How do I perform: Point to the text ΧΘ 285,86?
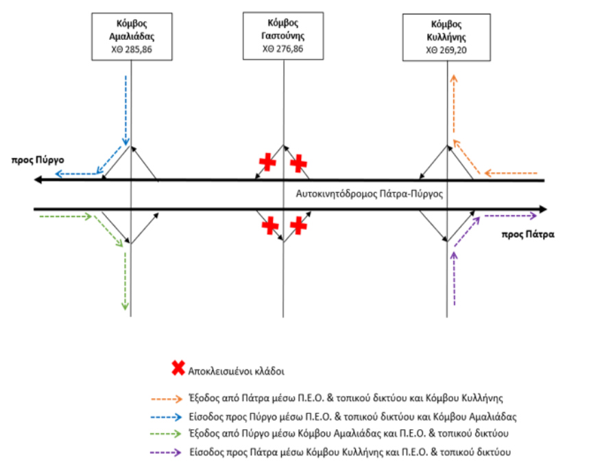132,49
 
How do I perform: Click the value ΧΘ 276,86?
283,49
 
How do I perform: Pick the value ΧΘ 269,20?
446,50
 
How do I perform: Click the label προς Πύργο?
38,160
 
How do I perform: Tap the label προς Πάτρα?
528,234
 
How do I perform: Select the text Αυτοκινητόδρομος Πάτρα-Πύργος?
369,194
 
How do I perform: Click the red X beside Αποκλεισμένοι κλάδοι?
178,369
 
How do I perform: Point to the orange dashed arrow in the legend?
167,399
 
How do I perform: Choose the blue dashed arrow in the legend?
167,417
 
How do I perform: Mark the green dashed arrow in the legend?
166,434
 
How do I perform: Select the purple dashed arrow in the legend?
166,452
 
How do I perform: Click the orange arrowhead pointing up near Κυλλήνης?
453,78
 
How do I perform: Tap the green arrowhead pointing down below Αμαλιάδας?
125,306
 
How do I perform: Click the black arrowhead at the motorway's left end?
38,180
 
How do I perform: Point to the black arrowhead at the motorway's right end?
542,209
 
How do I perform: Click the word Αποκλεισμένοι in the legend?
220,371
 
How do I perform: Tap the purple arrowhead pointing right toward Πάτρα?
533,216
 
